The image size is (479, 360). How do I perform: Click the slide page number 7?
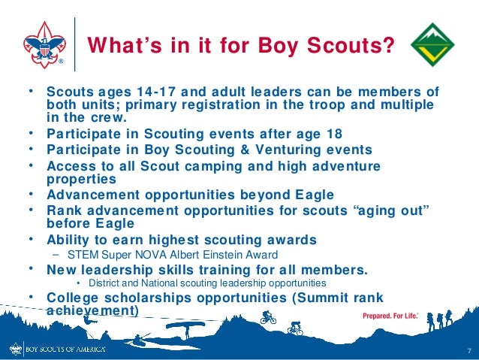468,352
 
